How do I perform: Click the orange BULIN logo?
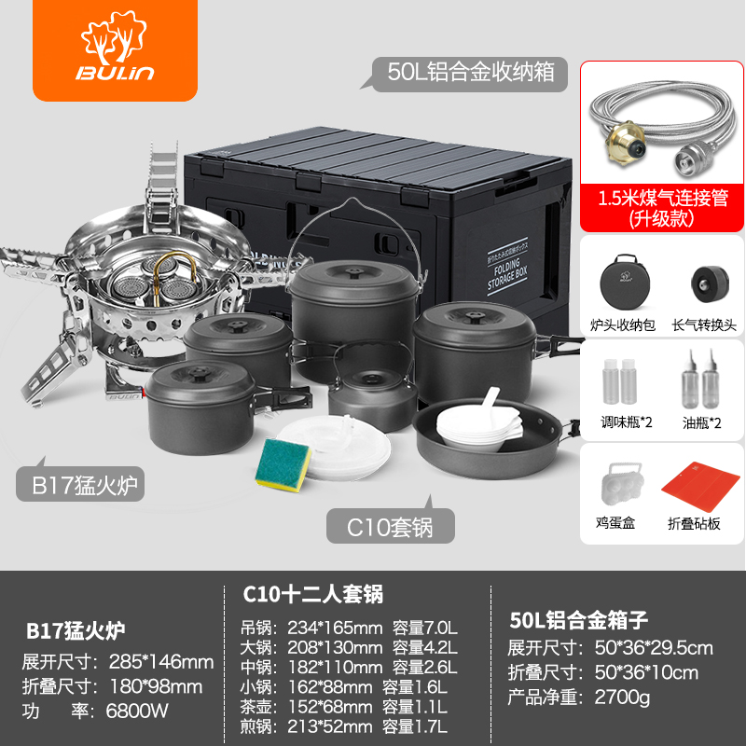115,49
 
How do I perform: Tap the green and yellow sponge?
283,464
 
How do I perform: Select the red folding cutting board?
700,486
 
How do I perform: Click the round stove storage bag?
625,283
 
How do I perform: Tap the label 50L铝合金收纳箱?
471,73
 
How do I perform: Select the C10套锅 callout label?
390,527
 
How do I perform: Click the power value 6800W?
137,711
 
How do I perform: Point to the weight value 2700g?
622,697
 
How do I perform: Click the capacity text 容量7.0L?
424,628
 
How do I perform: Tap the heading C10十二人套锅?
313,594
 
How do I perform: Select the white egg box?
623,484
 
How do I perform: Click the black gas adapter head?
710,284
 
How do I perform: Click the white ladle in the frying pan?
491,406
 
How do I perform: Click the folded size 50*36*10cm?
646,672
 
